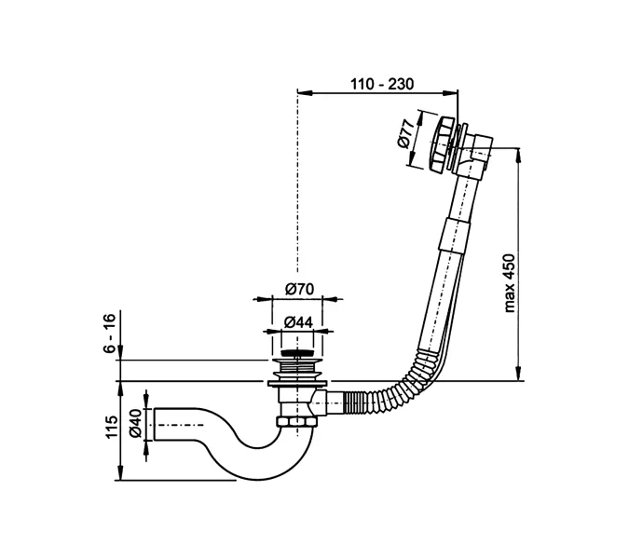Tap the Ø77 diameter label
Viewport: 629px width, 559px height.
pos(406,136)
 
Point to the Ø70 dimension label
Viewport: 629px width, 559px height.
pos(298,290)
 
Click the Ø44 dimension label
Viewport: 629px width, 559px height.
pos(298,321)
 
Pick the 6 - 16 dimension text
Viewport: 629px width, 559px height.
pos(110,333)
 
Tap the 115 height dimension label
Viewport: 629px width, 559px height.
pos(110,429)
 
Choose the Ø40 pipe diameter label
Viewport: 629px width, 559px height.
pos(135,425)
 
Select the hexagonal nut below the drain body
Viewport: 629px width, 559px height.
pos(297,424)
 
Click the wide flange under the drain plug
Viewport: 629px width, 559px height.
pos(297,379)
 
